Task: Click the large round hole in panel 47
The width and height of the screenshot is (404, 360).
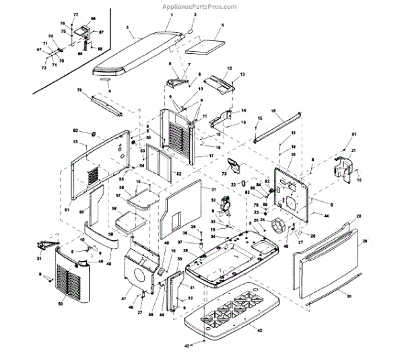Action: point(138,276)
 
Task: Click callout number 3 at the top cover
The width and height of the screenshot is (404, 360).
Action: point(127,28)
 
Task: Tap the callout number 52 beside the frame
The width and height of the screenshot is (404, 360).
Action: point(179,174)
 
